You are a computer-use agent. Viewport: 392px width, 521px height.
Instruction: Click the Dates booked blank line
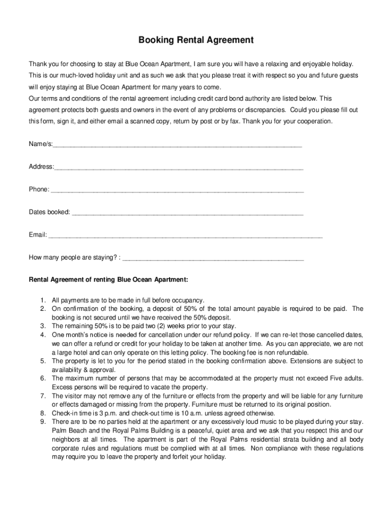coord(188,213)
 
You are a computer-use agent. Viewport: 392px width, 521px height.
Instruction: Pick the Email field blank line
coord(185,235)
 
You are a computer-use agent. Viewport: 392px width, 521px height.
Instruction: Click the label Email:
coord(38,235)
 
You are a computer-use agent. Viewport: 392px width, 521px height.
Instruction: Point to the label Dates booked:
coord(49,212)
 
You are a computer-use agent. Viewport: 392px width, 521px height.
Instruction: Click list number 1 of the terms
coord(44,300)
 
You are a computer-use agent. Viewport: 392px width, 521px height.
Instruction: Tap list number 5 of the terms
coord(44,361)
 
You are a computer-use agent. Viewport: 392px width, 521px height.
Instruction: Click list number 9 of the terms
coord(44,422)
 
